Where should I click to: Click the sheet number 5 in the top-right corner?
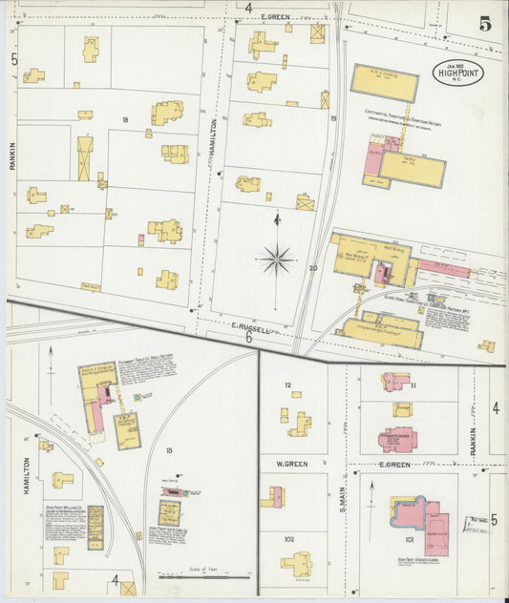tap(485, 24)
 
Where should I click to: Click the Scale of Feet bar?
tap(196, 576)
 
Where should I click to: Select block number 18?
tap(124, 119)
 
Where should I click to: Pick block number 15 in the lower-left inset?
tap(168, 450)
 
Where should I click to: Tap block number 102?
tap(287, 538)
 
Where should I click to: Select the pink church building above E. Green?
tap(396, 440)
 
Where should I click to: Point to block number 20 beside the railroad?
tap(312, 268)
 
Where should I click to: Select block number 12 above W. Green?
tap(286, 385)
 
